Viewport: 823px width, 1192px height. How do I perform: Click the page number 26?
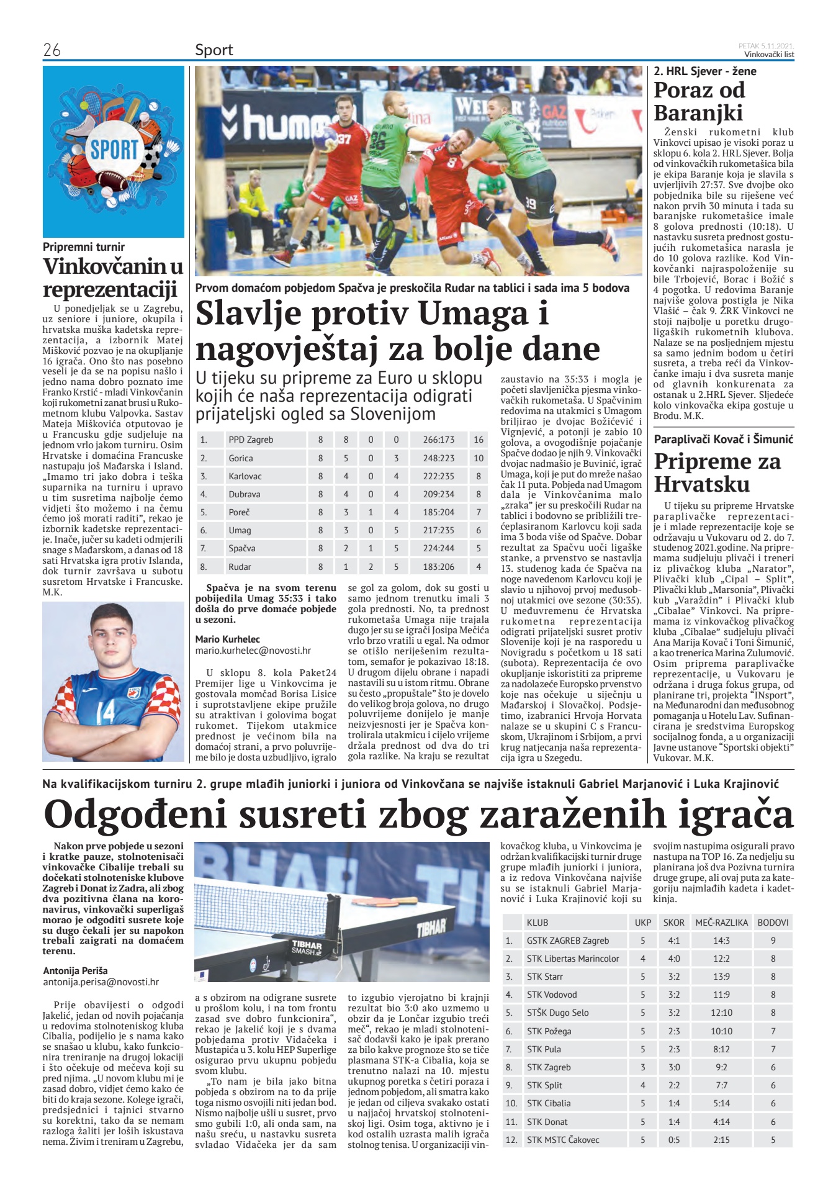pos(52,50)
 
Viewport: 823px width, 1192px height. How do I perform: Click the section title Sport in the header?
pos(214,50)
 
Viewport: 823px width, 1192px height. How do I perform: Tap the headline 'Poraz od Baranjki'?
pos(699,102)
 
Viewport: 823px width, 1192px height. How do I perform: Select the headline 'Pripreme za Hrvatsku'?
pos(717,472)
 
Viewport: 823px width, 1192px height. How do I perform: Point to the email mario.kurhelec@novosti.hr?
pos(253,651)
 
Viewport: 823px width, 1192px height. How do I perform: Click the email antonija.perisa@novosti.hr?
pos(101,982)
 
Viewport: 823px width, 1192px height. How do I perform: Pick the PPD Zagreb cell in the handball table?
pos(251,440)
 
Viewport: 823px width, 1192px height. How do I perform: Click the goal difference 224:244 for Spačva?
pos(438,548)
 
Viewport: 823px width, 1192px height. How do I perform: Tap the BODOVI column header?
pos(773,923)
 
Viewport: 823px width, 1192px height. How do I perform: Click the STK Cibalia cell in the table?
pos(549,1103)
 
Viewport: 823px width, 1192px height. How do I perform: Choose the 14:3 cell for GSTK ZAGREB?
pos(721,941)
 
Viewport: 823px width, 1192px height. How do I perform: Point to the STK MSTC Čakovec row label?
pos(563,1139)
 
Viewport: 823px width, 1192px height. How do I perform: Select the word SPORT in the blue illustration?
pos(114,150)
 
